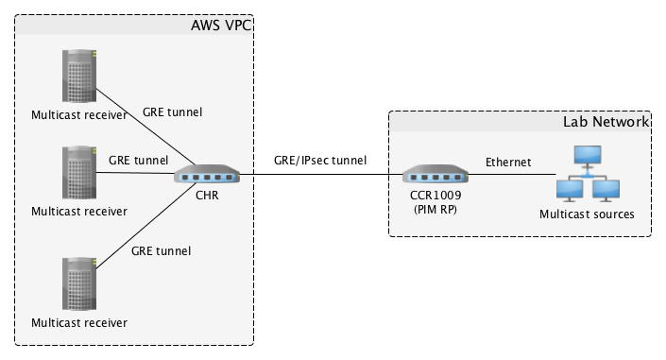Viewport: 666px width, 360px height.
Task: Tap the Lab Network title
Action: pyautogui.click(x=606, y=122)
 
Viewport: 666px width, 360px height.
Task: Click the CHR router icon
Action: pyautogui.click(x=207, y=176)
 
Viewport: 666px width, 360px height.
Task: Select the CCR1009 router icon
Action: pyautogui.click(x=435, y=176)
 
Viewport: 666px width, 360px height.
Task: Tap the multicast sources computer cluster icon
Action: pyautogui.click(x=586, y=173)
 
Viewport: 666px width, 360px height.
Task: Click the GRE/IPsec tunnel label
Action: pyautogui.click(x=320, y=161)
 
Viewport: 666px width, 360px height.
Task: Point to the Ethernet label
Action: pyautogui.click(x=509, y=162)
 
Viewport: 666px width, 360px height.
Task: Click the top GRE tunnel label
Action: pyautogui.click(x=172, y=111)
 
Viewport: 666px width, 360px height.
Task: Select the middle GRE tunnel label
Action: pyautogui.click(x=138, y=160)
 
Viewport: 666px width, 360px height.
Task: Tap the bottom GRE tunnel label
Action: pyautogui.click(x=161, y=250)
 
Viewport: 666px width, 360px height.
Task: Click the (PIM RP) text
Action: pyautogui.click(x=435, y=210)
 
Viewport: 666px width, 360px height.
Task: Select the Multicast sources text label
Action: pyautogui.click(x=587, y=214)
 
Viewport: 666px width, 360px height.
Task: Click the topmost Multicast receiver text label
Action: pyautogui.click(x=78, y=115)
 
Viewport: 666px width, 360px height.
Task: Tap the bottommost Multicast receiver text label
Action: pyautogui.click(x=78, y=322)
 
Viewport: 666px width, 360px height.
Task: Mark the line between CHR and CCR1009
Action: pyautogui.click(x=321, y=176)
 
